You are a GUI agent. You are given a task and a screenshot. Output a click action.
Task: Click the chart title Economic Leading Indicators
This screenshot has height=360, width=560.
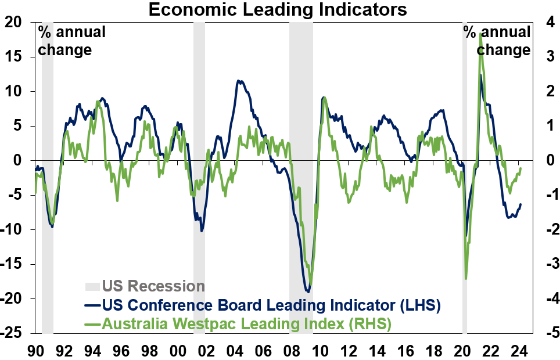click(277, 10)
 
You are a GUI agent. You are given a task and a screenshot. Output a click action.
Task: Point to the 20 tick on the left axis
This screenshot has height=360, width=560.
click(13, 22)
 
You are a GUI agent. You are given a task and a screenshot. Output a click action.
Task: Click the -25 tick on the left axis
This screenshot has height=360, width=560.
click(13, 334)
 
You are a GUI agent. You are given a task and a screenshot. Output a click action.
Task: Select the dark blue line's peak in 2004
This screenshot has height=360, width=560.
click(238, 81)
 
